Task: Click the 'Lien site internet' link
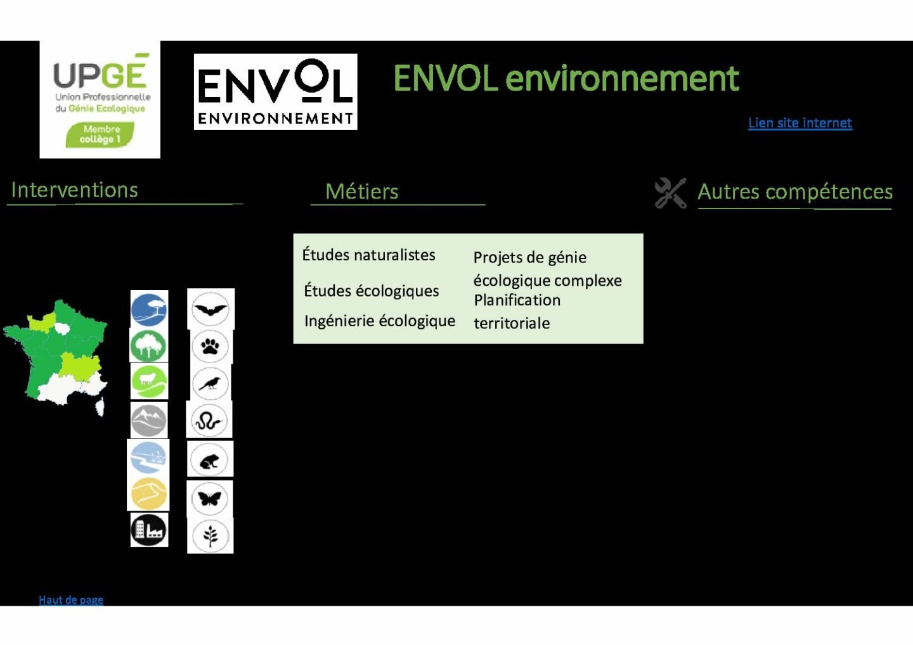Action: [800, 123]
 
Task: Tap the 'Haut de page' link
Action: [71, 600]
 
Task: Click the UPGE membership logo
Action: [100, 99]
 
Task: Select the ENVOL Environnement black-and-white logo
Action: [276, 92]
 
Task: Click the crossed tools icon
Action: [671, 193]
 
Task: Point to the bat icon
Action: [210, 309]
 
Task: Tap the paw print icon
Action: [210, 347]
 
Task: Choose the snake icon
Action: [209, 421]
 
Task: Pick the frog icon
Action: [209, 459]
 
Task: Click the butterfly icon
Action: [209, 499]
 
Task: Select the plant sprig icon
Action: [210, 536]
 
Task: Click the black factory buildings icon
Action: [149, 530]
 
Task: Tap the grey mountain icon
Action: [149, 421]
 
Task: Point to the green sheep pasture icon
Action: [149, 381]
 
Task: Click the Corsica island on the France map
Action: [100, 407]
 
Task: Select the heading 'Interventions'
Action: [75, 189]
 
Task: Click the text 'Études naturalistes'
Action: [368, 255]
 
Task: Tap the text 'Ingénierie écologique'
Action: [379, 321]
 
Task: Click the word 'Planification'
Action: [517, 300]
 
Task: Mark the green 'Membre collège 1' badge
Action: [100, 134]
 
